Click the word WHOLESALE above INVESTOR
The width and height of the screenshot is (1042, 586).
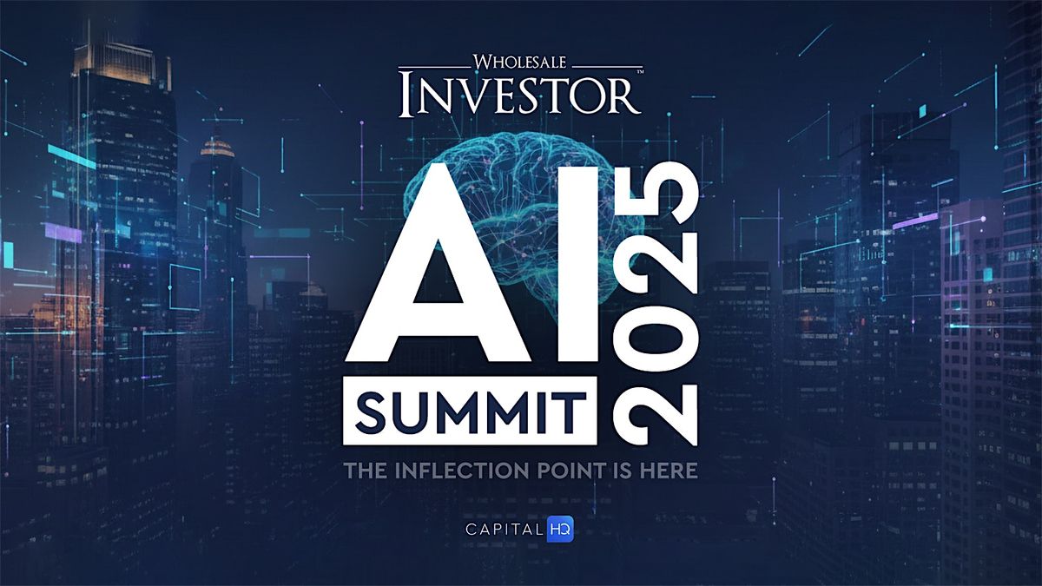coord(521,63)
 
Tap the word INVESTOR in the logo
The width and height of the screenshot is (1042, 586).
coord(521,95)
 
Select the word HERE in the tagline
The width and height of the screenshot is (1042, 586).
coord(668,471)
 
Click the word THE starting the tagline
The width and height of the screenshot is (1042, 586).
coord(365,471)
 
